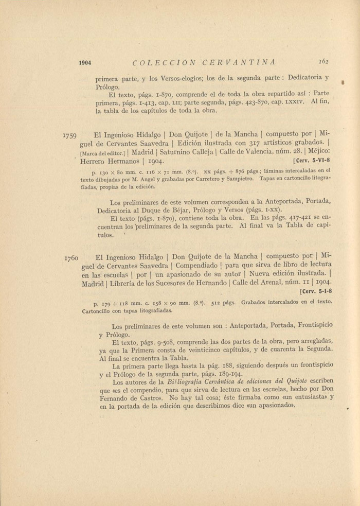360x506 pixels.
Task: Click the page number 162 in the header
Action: point(323,61)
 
